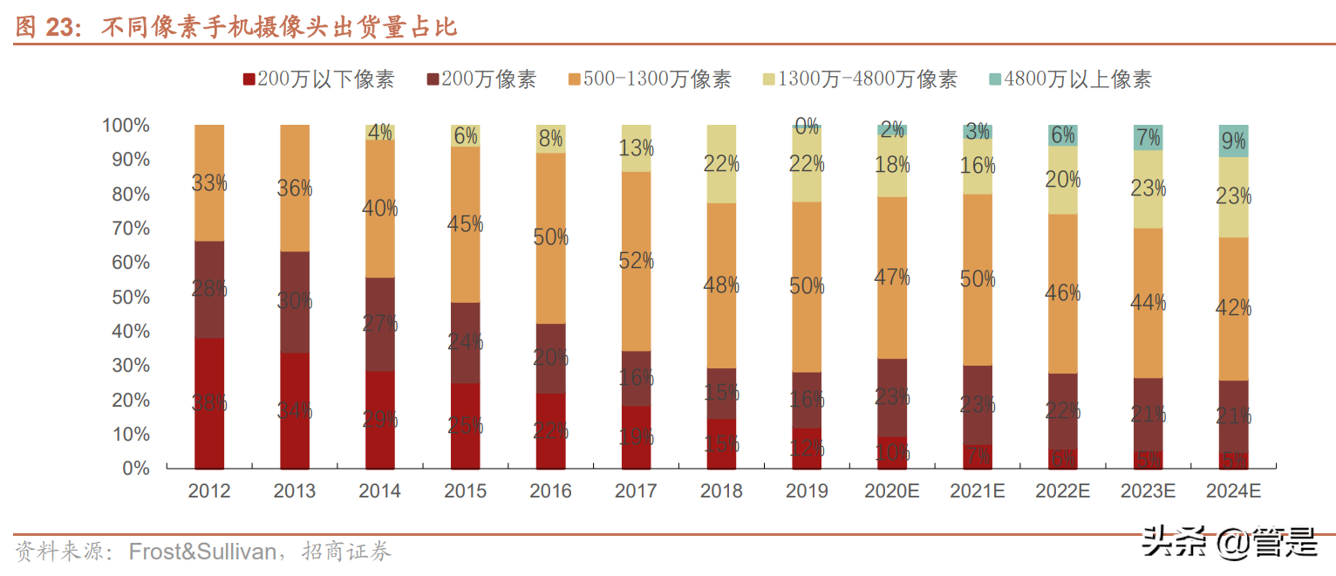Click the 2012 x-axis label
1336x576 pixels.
pyautogui.click(x=209, y=491)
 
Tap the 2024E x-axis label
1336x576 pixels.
pyautogui.click(x=1233, y=491)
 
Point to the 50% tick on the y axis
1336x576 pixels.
pyautogui.click(x=127, y=297)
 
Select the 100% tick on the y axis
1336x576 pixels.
pyautogui.click(x=126, y=126)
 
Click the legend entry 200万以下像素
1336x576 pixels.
pyautogui.click(x=318, y=79)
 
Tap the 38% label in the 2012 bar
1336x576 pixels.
pyautogui.click(x=209, y=403)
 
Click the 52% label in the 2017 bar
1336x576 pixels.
pyautogui.click(x=636, y=260)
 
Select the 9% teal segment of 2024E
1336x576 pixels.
pyautogui.click(x=1233, y=141)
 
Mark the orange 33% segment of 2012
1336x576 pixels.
pyautogui.click(x=209, y=183)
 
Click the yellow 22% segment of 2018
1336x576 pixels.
pyautogui.click(x=721, y=164)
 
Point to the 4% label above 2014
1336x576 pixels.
pyautogui.click(x=380, y=133)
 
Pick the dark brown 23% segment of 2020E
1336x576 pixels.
pyautogui.click(x=892, y=397)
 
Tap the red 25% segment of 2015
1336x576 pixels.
pyautogui.click(x=466, y=426)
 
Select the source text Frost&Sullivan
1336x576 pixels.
pyautogui.click(x=202, y=552)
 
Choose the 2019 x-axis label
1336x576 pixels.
pyautogui.click(x=807, y=491)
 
